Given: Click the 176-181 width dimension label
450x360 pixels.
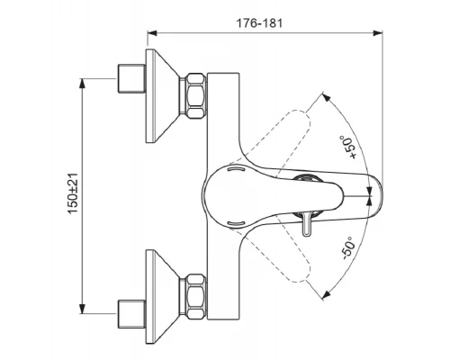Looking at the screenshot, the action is [259, 23].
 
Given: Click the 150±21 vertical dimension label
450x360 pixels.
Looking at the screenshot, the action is [73, 193].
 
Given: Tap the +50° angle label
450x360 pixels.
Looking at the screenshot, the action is [348, 147].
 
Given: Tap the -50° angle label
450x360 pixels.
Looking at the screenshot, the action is [348, 247].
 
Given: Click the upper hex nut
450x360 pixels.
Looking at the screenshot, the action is [193, 96].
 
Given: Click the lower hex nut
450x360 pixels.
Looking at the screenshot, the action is [193, 296].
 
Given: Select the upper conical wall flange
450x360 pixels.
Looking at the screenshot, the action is [163, 95].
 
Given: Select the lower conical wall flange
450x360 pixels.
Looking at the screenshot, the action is [163, 296].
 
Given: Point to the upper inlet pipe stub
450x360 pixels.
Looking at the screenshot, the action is [131, 78].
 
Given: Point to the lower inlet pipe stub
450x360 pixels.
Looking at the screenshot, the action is [131, 314].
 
